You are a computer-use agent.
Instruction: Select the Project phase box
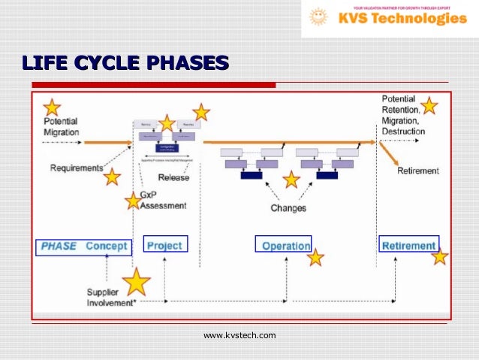point(164,245)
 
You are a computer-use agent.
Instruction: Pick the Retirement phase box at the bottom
point(408,245)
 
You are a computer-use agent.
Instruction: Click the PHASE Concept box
point(83,246)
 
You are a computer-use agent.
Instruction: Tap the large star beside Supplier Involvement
point(136,282)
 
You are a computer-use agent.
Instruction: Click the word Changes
point(288,207)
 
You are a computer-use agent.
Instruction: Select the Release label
point(173,178)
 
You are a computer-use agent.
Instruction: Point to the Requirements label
point(76,168)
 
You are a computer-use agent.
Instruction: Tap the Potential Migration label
point(60,126)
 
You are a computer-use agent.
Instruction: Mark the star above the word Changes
point(291,180)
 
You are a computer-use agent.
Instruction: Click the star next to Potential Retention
point(429,105)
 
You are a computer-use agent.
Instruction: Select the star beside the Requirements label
point(112,177)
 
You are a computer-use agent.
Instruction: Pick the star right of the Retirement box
point(439,257)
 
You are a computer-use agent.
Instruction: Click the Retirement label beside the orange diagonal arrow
point(417,171)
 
